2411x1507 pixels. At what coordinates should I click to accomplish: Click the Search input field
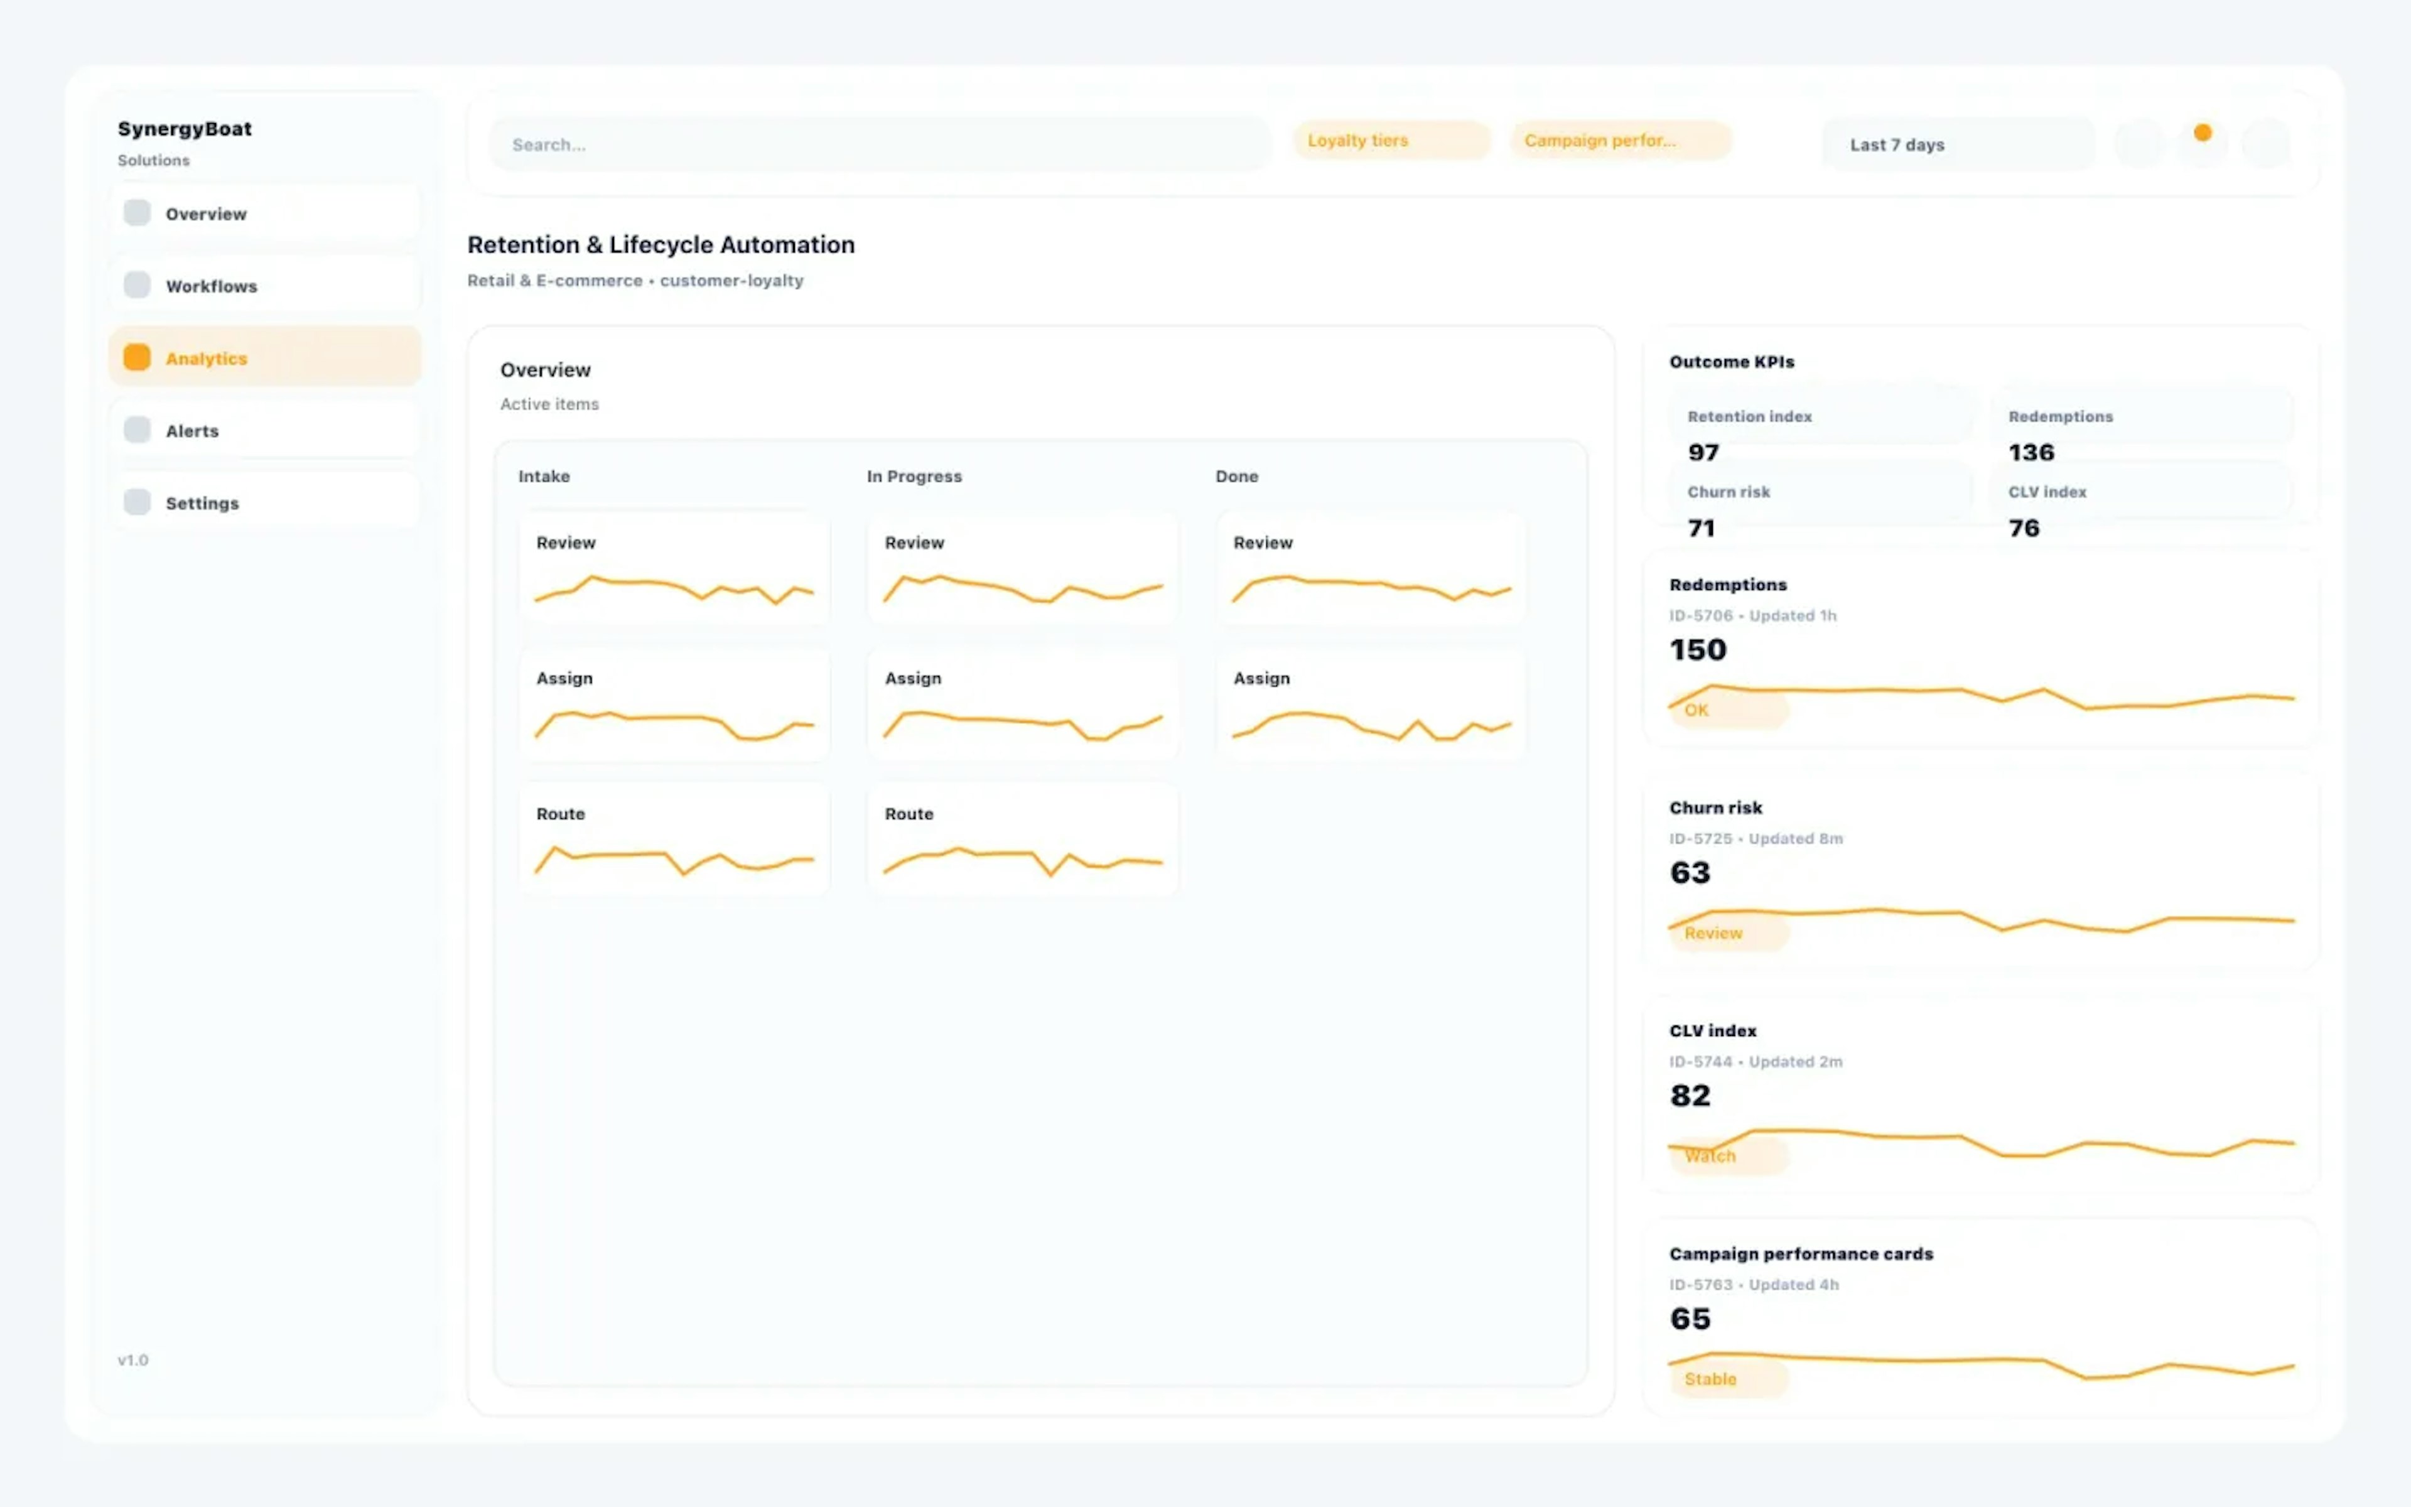tap(879, 144)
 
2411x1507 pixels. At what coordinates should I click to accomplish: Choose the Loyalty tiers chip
tap(1390, 141)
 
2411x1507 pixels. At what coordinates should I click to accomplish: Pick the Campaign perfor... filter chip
tap(1620, 141)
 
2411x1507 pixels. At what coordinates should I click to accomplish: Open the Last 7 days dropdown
tap(1956, 144)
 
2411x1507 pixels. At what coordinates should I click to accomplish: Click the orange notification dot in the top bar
tap(2203, 132)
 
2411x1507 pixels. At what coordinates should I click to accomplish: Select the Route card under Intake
tap(674, 840)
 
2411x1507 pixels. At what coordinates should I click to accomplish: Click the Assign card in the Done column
tap(1371, 704)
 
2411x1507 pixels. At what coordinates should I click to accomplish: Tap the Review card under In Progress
tap(1022, 568)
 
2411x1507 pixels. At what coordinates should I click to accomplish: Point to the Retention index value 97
tap(1703, 453)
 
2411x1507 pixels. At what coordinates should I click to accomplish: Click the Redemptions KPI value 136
tap(2031, 453)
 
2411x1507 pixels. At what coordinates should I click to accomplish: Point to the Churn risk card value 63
tap(1690, 873)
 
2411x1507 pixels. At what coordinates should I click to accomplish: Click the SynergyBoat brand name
tap(185, 129)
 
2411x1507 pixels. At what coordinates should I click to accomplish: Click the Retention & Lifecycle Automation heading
tap(661, 245)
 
